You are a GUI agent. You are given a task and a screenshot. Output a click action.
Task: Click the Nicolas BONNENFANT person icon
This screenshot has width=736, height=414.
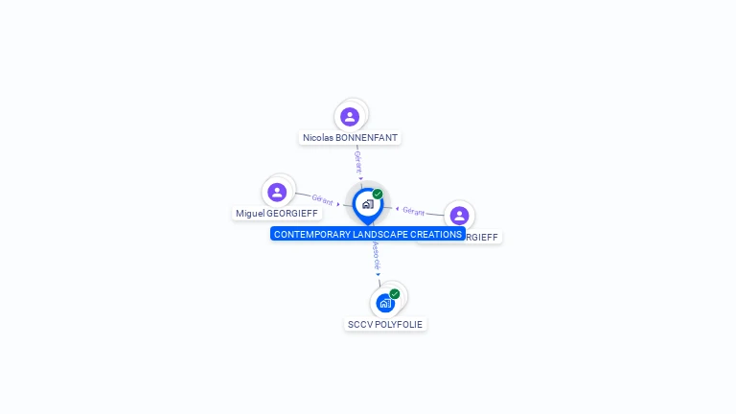350,117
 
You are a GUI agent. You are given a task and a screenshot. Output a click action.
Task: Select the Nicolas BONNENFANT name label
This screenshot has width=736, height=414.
350,138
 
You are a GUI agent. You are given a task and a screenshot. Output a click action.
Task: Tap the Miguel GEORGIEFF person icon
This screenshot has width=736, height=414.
277,192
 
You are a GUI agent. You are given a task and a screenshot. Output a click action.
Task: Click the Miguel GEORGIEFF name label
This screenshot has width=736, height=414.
278,214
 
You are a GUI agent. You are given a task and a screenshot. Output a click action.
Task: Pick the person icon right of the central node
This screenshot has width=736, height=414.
459,216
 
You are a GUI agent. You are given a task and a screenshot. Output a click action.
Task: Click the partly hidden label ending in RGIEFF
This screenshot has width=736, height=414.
483,238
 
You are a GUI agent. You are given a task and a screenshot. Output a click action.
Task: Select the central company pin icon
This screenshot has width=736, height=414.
367,204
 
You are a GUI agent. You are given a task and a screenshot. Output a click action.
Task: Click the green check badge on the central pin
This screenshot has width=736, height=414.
378,195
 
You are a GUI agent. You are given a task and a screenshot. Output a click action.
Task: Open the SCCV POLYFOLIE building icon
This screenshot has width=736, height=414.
384,303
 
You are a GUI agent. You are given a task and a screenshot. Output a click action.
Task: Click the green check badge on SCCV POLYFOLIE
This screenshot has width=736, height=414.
395,294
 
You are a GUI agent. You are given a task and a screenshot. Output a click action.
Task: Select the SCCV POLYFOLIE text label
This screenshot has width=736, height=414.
384,325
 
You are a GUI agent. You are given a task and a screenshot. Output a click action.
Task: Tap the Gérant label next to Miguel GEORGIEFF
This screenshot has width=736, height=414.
323,199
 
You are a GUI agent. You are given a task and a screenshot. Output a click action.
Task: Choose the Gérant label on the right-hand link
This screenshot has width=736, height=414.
413,211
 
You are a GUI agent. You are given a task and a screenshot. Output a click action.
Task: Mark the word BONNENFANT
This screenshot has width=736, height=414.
367,138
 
